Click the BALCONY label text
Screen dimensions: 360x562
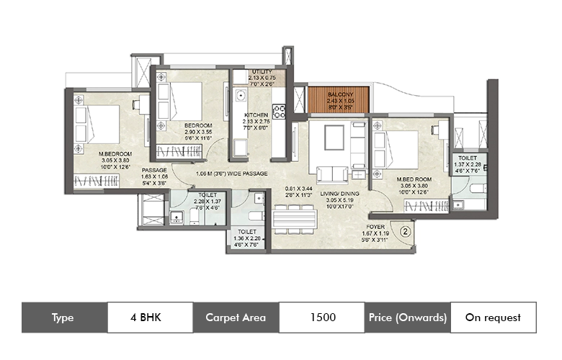[339, 94]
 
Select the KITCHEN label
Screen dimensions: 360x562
[257, 115]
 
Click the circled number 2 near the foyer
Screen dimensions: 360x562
[405, 232]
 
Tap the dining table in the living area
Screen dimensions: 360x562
[295, 219]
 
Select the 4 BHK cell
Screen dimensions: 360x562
[150, 317]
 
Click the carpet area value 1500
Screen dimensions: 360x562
[321, 317]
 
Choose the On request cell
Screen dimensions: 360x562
[493, 317]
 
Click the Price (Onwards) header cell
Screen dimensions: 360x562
[407, 317]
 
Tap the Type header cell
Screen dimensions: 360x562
[64, 317]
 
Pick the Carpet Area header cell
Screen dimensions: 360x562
[236, 317]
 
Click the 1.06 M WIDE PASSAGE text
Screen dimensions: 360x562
[232, 174]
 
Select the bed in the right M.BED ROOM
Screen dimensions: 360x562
[399, 149]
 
